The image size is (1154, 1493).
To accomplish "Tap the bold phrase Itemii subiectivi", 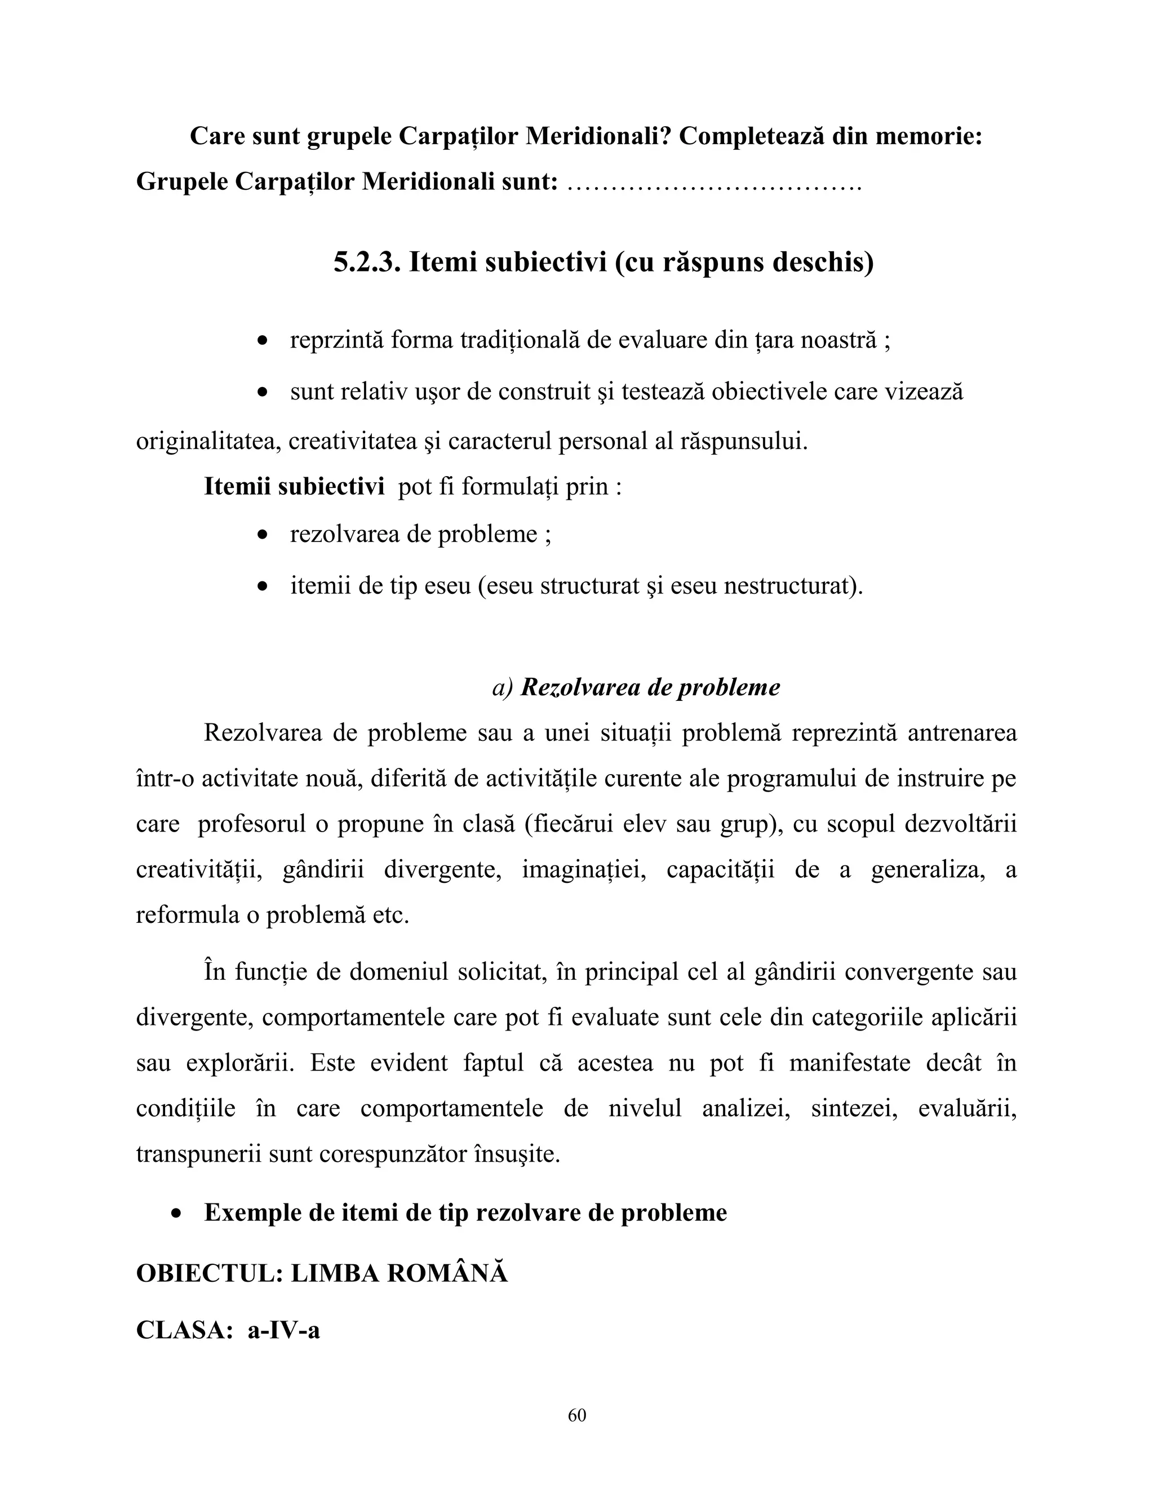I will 294,487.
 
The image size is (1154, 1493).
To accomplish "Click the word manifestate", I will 849,1063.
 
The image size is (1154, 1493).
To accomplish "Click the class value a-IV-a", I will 284,1330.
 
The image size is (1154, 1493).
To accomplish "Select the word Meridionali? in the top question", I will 599,136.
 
